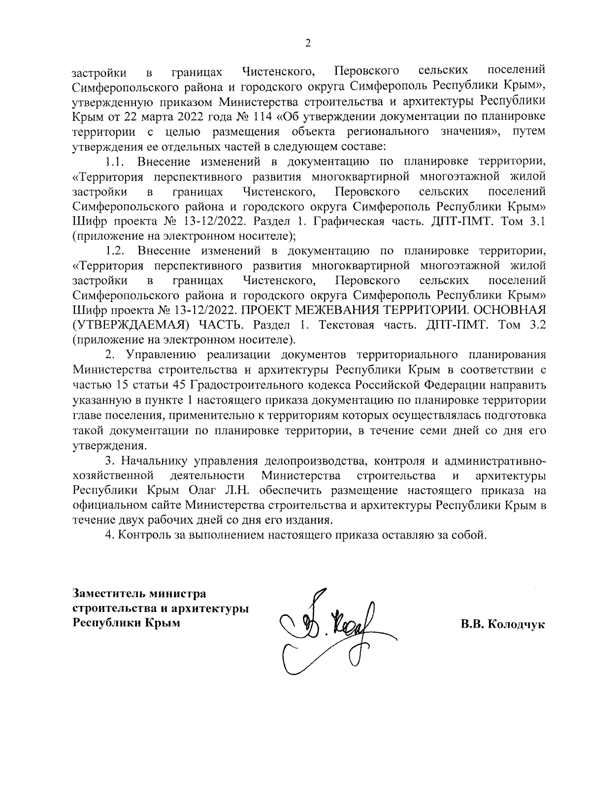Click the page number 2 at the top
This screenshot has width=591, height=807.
(x=308, y=44)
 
